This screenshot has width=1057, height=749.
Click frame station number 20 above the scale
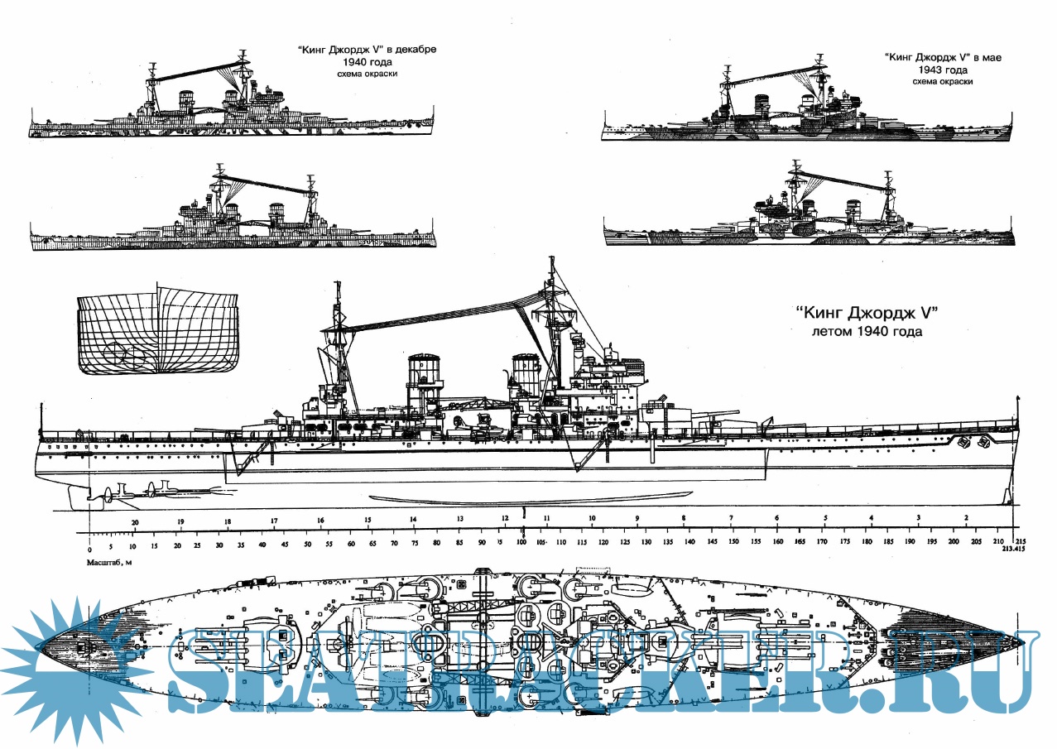(x=135, y=522)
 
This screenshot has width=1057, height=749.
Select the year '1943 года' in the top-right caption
(x=943, y=70)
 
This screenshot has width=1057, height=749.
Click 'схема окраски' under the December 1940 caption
(x=367, y=74)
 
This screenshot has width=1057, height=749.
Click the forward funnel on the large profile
(x=526, y=380)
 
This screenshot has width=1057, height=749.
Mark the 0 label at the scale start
(x=89, y=549)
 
